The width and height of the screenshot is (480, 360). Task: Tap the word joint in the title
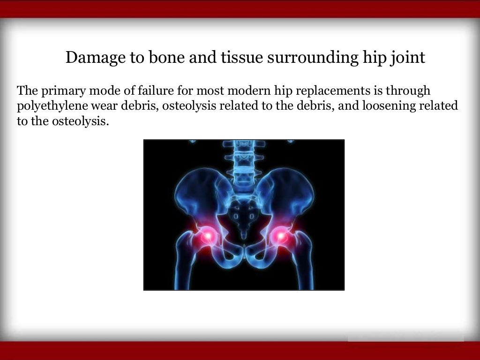410,58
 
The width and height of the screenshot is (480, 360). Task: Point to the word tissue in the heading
244,58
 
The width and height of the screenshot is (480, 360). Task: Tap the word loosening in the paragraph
382,105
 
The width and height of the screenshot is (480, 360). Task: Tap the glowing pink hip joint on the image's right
281,236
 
